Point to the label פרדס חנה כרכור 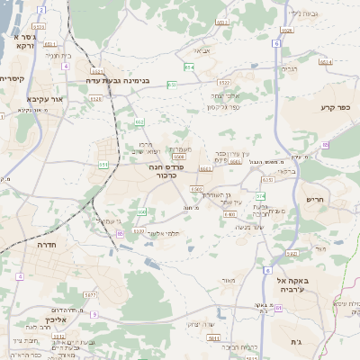tap(189, 172)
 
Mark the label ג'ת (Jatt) tap(298, 342)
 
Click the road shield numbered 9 tap(94, 313)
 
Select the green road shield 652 tap(139, 121)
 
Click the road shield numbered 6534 tap(326, 62)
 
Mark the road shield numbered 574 tap(261, 195)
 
